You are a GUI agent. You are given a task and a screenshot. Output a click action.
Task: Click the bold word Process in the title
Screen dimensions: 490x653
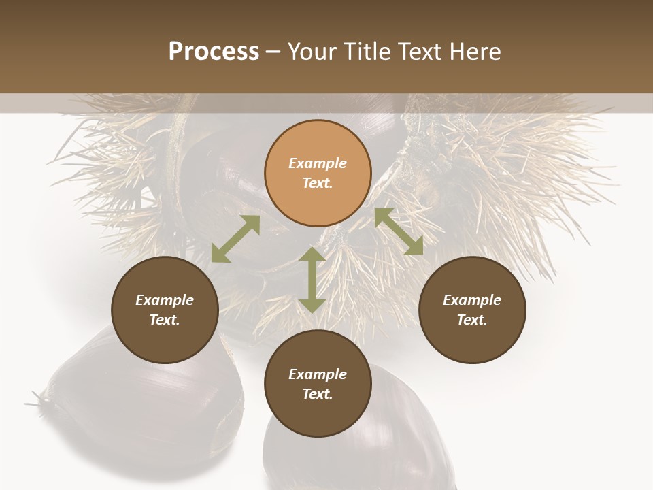pos(214,52)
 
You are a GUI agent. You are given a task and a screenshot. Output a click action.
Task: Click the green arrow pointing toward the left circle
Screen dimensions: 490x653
pos(235,239)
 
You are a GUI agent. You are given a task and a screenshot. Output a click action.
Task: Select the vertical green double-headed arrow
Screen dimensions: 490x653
pos(312,280)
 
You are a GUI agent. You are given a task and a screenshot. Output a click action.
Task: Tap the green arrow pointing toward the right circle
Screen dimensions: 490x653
pos(399,231)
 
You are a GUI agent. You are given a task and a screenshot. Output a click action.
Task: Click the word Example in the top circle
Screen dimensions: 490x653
pos(318,163)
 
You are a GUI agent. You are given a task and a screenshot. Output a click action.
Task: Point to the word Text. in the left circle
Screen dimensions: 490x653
pos(165,320)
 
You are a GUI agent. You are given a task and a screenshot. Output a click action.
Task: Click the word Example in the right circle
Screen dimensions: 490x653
pos(472,300)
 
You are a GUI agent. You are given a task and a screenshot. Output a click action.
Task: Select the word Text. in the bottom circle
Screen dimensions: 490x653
pos(318,394)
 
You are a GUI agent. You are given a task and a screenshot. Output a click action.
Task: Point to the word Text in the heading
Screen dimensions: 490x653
pos(419,52)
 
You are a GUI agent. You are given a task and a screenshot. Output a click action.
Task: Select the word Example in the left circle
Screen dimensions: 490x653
pos(165,300)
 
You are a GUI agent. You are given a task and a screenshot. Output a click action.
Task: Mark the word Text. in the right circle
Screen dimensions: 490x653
pos(472,320)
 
